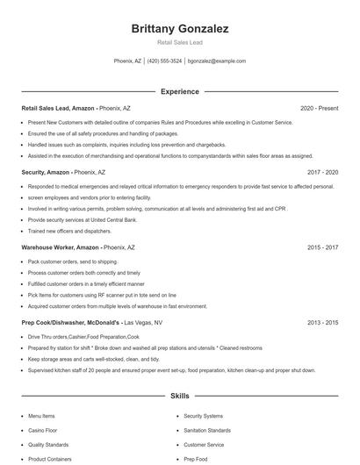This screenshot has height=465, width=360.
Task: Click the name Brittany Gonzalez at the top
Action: (180, 29)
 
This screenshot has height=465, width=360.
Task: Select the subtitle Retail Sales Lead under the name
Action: (180, 42)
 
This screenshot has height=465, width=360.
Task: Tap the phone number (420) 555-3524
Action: (165, 61)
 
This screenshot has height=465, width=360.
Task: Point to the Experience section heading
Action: (180, 91)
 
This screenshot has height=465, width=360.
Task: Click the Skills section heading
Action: (180, 397)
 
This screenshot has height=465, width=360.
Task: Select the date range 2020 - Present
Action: (320, 109)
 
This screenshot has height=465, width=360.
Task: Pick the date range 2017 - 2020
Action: (322, 173)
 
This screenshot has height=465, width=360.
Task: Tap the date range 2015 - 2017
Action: (322, 248)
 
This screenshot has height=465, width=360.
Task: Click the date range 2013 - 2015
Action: (322, 324)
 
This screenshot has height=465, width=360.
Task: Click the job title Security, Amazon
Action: (47, 173)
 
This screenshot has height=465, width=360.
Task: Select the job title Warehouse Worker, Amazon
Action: (60, 248)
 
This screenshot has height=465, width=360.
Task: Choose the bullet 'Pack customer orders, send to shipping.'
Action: (72, 261)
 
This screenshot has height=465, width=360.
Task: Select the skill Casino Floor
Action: (44, 431)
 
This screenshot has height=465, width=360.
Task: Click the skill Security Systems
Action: (205, 416)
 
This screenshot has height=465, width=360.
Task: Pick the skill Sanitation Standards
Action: (207, 431)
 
